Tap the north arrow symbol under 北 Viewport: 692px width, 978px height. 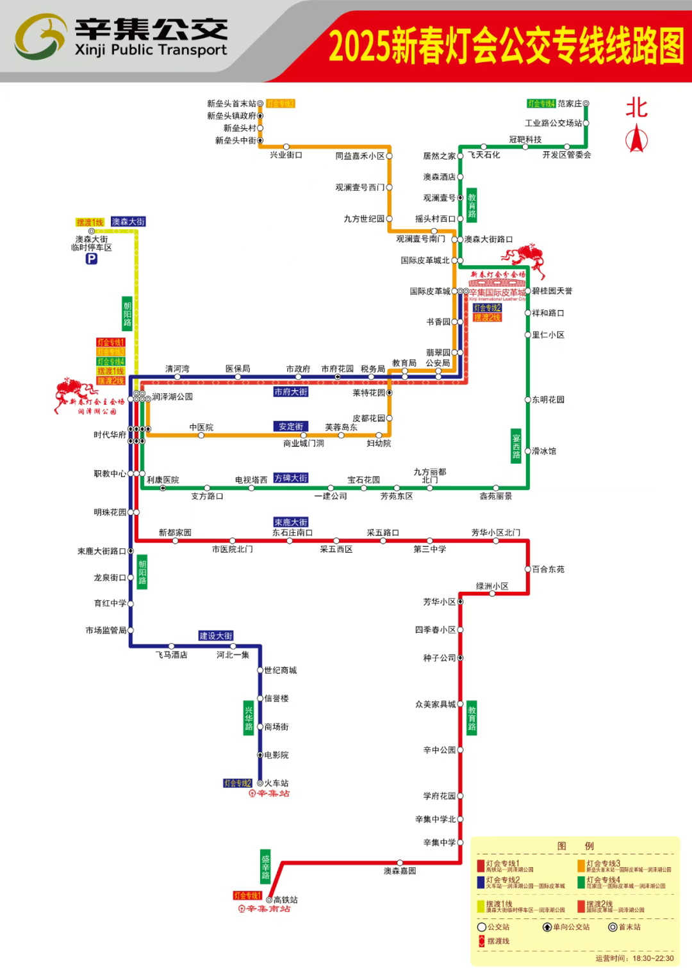click(636, 138)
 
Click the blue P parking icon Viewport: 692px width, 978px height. click(92, 259)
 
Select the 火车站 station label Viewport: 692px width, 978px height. click(276, 783)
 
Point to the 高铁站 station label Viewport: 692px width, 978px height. click(286, 900)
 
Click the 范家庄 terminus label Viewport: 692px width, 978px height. click(570, 104)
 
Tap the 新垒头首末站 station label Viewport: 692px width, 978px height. click(231, 104)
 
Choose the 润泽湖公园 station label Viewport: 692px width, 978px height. click(172, 397)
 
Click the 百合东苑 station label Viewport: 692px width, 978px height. click(548, 569)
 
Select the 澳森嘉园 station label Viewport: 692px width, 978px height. click(400, 871)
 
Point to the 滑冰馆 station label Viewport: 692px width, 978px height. click(544, 452)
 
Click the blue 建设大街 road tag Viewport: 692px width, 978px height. click(216, 636)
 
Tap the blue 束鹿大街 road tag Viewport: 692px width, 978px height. click(291, 523)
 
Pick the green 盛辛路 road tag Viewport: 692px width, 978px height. click(265, 867)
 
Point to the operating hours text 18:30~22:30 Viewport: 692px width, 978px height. click(653, 959)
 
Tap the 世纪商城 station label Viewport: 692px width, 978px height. click(281, 671)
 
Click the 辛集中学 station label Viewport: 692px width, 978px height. click(440, 843)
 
